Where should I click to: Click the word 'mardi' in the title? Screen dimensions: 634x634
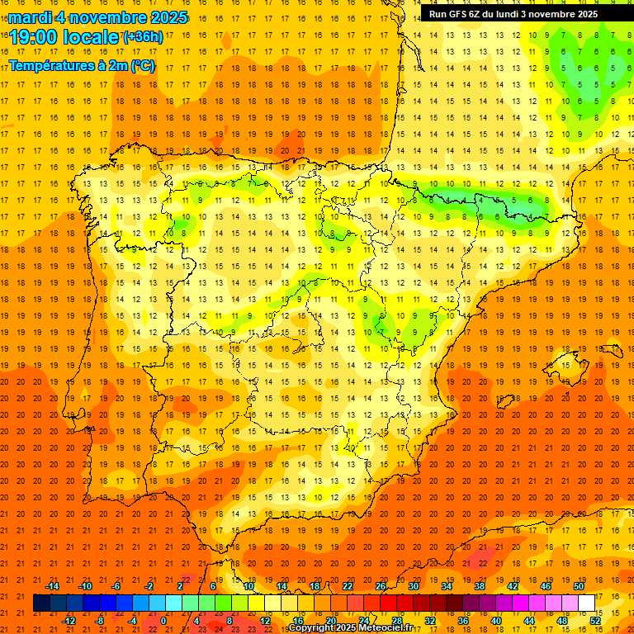click(x=27, y=17)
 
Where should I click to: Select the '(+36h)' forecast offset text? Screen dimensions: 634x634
click(x=142, y=37)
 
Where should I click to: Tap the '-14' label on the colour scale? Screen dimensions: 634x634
click(x=52, y=585)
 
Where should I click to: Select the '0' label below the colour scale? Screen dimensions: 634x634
click(x=163, y=620)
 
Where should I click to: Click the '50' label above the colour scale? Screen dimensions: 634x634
click(x=579, y=585)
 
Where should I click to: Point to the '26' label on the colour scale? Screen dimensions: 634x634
click(x=381, y=585)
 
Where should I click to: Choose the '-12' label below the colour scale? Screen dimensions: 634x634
click(x=69, y=620)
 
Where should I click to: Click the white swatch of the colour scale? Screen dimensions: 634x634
click(x=587, y=603)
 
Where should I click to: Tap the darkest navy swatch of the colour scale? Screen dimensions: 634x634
click(x=41, y=603)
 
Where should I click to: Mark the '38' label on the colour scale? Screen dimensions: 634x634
click(x=480, y=585)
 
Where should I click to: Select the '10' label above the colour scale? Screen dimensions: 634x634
click(x=248, y=585)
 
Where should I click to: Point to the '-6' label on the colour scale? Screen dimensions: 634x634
click(x=116, y=585)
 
